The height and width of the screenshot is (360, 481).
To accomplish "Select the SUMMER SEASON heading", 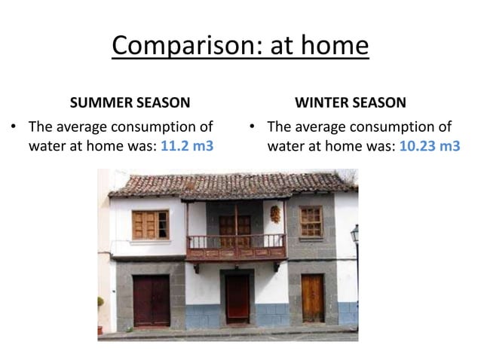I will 130,102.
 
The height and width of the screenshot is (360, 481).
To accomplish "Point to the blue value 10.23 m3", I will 429,145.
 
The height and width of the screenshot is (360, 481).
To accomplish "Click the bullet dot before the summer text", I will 13,127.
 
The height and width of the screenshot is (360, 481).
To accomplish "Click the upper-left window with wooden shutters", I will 150,224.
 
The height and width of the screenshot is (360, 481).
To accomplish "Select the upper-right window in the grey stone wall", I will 311,221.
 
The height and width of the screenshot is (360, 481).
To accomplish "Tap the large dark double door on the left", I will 152,299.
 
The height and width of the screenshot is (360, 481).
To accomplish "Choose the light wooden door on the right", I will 312,297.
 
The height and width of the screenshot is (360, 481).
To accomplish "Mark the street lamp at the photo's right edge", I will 354,237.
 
